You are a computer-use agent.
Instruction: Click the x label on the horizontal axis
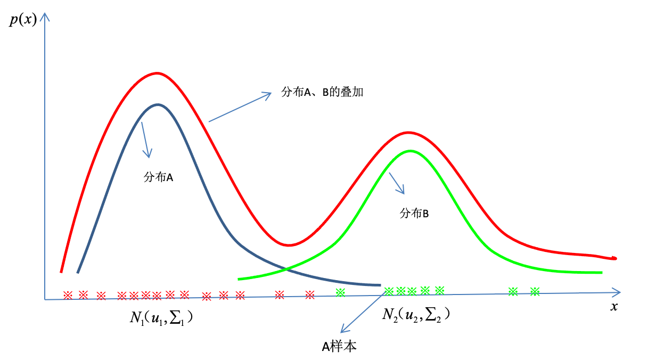pyautogui.click(x=614, y=307)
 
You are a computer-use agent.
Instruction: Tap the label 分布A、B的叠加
pyautogui.click(x=322, y=92)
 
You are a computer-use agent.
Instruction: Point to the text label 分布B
pyautogui.click(x=414, y=214)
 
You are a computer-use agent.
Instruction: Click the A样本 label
pyautogui.click(x=339, y=347)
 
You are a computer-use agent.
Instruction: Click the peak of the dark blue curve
pyautogui.click(x=158, y=104)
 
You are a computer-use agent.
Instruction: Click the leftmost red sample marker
pyautogui.click(x=68, y=295)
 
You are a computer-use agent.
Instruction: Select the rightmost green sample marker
pyautogui.click(x=535, y=291)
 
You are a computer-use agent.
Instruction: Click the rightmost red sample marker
pyautogui.click(x=310, y=294)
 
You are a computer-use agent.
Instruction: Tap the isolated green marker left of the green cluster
pyautogui.click(x=341, y=292)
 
